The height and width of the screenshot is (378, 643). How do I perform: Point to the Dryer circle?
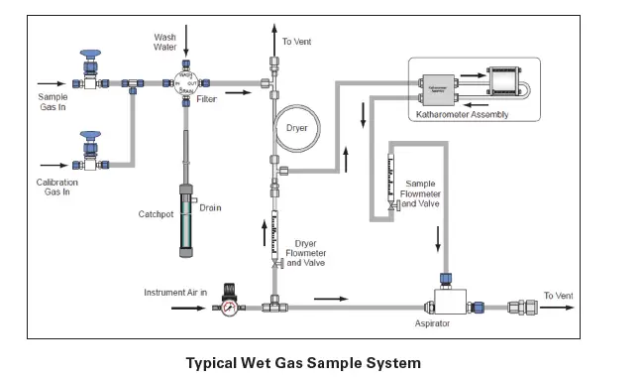tap(296, 128)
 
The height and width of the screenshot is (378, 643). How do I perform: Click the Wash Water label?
tap(165, 43)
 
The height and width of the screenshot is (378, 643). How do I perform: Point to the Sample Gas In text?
tap(53, 102)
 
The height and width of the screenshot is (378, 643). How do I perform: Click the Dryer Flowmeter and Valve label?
tap(305, 253)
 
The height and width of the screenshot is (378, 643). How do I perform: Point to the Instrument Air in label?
tap(175, 293)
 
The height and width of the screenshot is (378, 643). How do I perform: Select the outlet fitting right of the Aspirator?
tap(520, 308)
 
